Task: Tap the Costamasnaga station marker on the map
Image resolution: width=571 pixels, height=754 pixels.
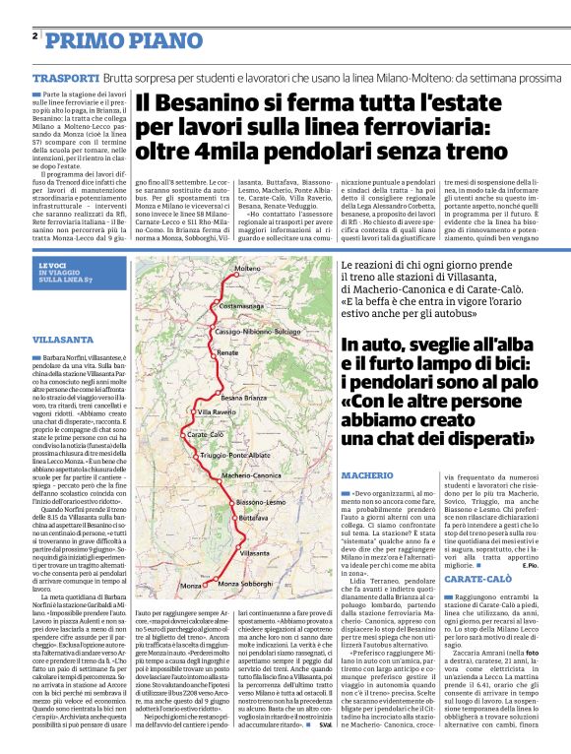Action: [x=222, y=282]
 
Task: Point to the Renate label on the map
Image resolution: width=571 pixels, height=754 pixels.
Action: [x=227, y=351]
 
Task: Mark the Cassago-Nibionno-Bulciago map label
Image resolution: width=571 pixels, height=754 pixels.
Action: [x=257, y=333]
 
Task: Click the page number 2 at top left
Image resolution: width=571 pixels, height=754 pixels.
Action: [x=34, y=35]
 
